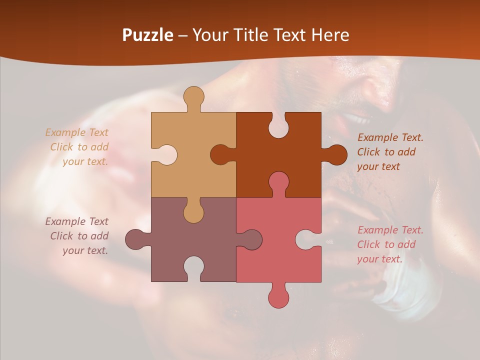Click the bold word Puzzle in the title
coord(148,35)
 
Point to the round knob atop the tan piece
coord(193,96)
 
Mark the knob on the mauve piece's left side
coord(135,239)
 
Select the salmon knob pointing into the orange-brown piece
coord(278,182)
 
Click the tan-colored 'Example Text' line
coord(76,132)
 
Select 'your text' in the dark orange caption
coord(378,166)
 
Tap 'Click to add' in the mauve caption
coord(79,236)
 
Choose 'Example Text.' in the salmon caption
coord(390,230)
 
